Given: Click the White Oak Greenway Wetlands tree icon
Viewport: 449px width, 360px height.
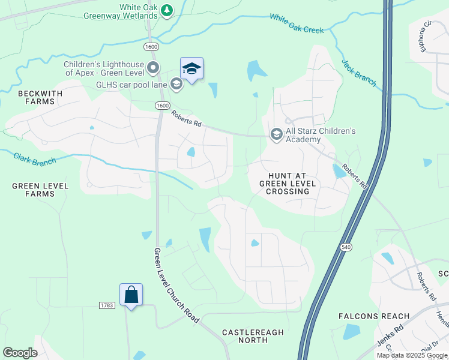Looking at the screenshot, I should click(x=167, y=10).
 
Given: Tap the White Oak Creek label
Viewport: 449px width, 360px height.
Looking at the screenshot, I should click(x=297, y=24).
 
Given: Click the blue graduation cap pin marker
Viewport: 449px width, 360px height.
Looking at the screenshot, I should click(x=191, y=70).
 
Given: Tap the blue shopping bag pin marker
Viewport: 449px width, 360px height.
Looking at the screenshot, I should click(x=131, y=295).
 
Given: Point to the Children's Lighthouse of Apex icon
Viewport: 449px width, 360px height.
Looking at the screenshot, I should click(x=153, y=67).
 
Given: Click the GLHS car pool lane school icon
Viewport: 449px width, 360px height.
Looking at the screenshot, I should click(x=176, y=84).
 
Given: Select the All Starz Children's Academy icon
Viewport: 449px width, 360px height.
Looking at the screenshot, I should click(x=276, y=133).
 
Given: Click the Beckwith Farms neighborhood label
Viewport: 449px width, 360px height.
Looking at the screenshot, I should click(x=36, y=97).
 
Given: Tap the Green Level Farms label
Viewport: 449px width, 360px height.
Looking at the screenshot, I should click(x=41, y=190).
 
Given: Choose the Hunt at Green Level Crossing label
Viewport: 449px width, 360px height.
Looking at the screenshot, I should click(x=285, y=182).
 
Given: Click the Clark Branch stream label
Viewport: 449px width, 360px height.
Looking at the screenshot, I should click(x=35, y=159).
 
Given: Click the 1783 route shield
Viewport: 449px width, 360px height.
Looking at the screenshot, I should click(x=106, y=305).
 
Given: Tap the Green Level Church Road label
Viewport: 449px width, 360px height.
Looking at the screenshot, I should click(x=176, y=286).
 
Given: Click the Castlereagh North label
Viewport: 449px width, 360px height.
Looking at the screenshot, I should click(x=245, y=336).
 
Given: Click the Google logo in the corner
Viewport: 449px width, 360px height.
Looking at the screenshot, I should click(x=20, y=353).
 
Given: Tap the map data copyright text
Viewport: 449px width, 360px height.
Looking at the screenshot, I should click(x=412, y=355).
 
